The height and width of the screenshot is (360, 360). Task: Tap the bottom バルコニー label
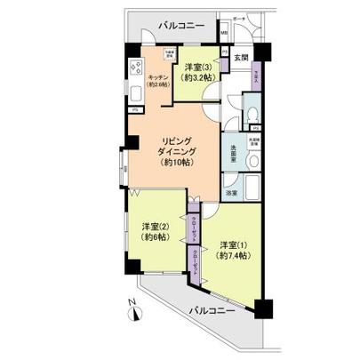(x=211, y=312)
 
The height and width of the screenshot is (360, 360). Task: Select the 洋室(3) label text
(x=196, y=68)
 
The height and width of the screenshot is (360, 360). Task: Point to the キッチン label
(x=158, y=77)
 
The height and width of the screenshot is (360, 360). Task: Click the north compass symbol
(x=132, y=313)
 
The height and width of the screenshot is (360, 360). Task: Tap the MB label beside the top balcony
(x=224, y=36)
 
